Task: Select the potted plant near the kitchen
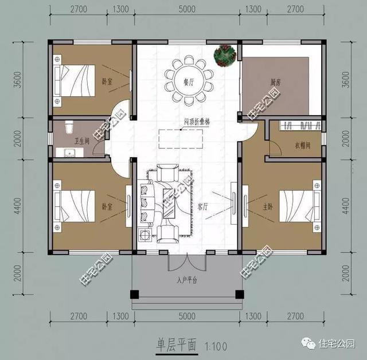pos(224,54)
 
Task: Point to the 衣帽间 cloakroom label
pos(303,145)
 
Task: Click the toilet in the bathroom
pos(69,127)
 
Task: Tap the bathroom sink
pos(71,153)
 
